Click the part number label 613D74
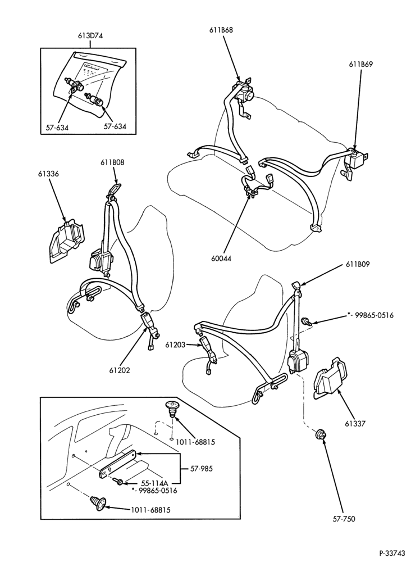point(90,35)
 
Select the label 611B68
point(221,30)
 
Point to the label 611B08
point(112,162)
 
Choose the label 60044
point(221,259)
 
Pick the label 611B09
point(358,265)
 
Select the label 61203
point(175,345)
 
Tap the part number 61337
point(355,424)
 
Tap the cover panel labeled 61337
point(331,378)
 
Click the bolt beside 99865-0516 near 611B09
point(307,321)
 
